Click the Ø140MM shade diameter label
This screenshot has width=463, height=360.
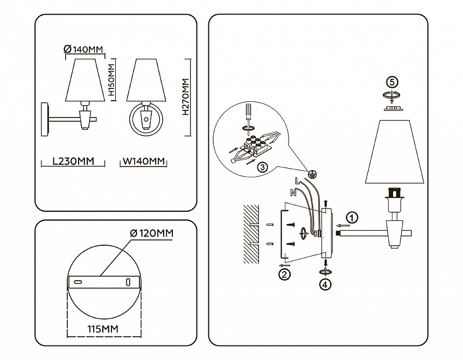pos(83,50)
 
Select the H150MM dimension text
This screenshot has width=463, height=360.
pos(112,80)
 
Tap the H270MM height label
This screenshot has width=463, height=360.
pos(186,98)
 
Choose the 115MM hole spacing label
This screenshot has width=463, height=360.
pos(103,328)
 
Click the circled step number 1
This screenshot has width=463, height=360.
pos(352,218)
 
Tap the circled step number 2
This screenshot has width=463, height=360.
pos(284,274)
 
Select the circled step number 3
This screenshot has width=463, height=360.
pos(262,167)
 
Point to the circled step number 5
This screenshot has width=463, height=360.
pos(392,82)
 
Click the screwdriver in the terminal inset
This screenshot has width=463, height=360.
pos(248,113)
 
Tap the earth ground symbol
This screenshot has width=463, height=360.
pos(312,174)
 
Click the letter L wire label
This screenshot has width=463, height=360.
pos(297,181)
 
